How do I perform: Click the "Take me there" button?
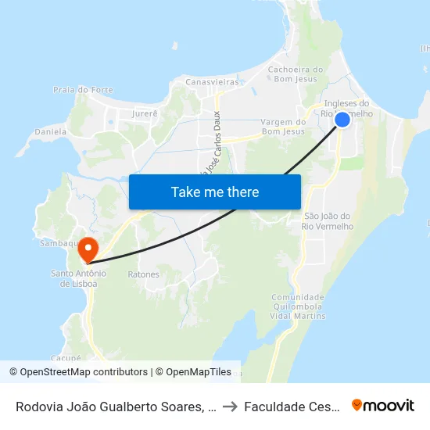[215, 192]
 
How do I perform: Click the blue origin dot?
[342, 119]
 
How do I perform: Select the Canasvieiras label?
[211, 81]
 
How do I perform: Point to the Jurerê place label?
[145, 113]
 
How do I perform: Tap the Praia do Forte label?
[83, 90]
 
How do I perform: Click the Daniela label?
[51, 131]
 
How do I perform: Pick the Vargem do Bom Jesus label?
[282, 127]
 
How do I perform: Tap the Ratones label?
[143, 274]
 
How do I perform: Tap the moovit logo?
[383, 405]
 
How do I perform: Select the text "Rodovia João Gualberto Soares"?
[110, 406]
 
